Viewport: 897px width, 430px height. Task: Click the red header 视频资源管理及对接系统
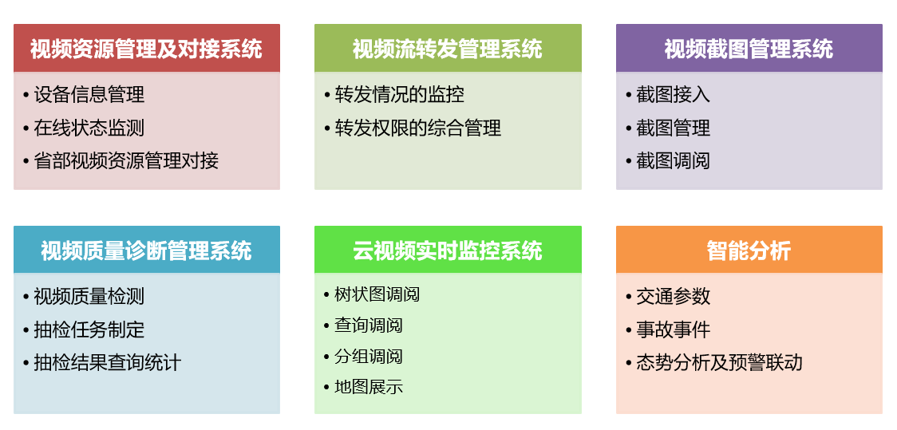click(x=147, y=49)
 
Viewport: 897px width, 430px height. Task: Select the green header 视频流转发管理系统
click(x=448, y=49)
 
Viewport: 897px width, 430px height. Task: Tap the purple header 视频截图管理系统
click(x=749, y=49)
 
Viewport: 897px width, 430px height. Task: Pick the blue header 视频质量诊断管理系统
click(x=147, y=251)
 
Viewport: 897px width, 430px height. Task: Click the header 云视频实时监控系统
click(x=448, y=251)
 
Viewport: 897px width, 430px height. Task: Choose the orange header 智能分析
click(x=749, y=251)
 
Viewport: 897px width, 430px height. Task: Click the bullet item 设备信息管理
click(x=89, y=94)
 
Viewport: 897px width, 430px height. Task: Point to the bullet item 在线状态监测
click(x=89, y=128)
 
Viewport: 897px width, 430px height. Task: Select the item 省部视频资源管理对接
click(x=126, y=160)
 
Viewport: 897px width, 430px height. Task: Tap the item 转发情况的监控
click(x=399, y=94)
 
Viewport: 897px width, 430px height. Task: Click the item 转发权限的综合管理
click(x=418, y=128)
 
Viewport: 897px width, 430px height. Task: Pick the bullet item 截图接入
click(x=674, y=94)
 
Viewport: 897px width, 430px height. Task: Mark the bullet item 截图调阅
click(x=674, y=160)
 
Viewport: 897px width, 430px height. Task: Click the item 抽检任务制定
click(x=89, y=329)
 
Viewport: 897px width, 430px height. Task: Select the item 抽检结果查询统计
click(x=108, y=362)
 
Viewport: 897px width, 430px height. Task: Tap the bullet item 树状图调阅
click(x=377, y=294)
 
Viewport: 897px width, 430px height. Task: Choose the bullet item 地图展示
click(x=369, y=387)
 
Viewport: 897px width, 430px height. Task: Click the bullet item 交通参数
click(x=674, y=296)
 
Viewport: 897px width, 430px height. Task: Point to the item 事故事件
click(x=674, y=329)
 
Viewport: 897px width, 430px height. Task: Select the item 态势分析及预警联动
click(x=720, y=362)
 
